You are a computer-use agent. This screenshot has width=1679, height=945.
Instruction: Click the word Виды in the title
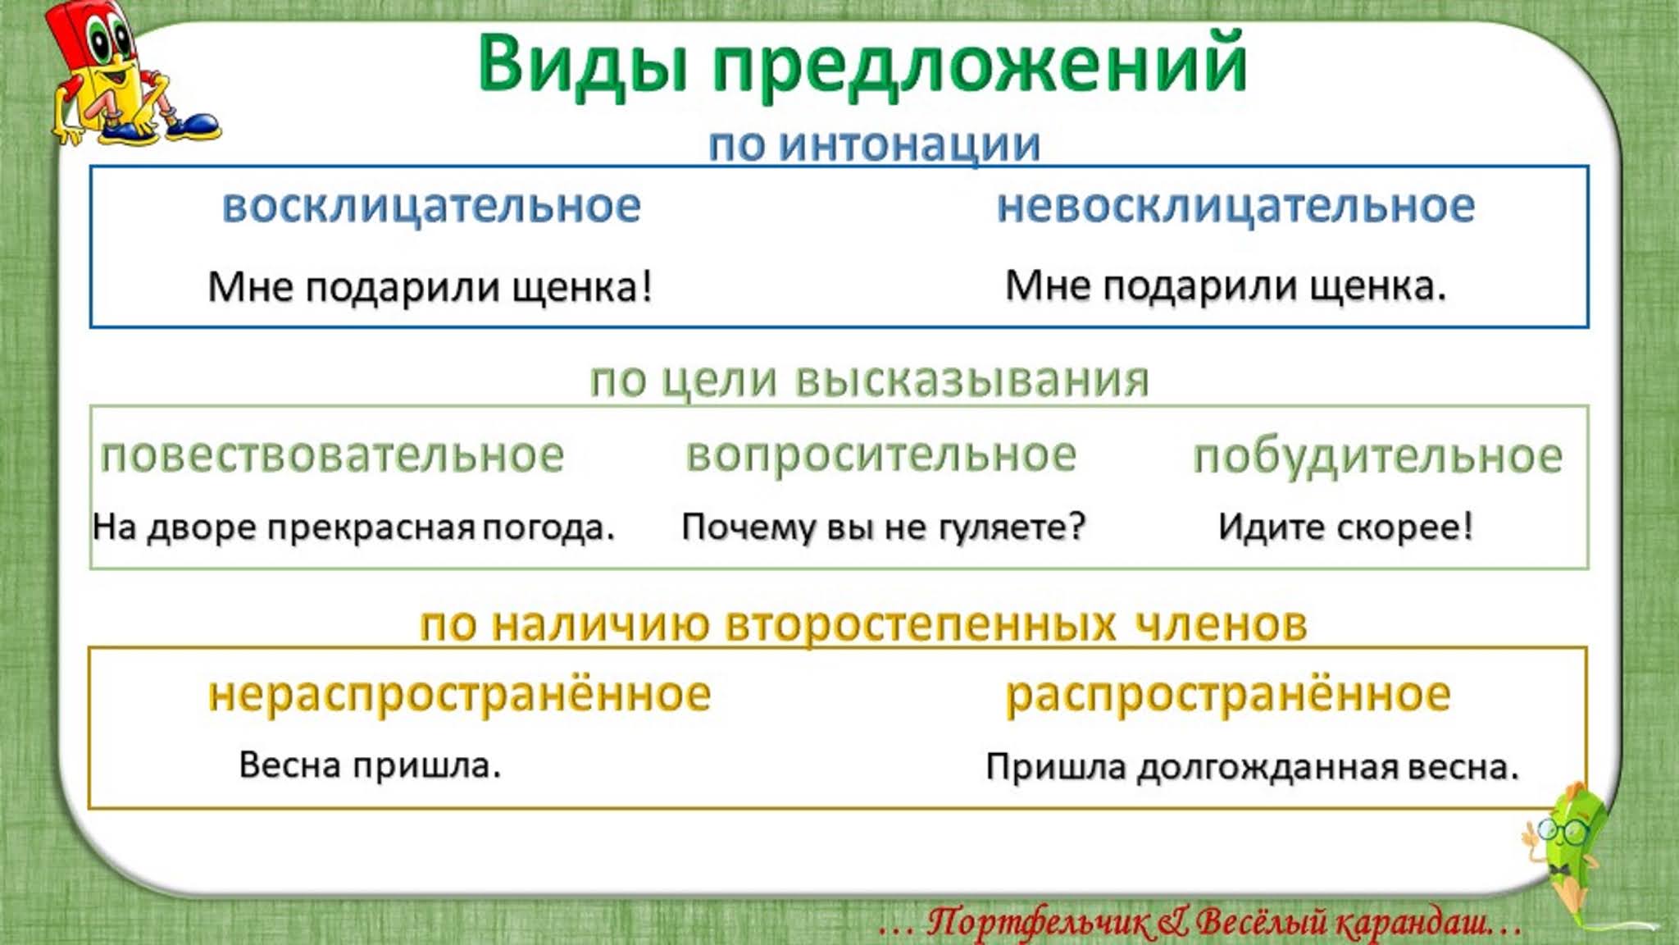point(582,64)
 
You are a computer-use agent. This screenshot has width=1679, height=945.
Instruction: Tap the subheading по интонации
point(874,144)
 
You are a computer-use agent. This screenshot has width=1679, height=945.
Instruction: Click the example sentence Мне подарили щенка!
point(430,287)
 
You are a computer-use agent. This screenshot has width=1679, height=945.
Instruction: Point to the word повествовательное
point(332,455)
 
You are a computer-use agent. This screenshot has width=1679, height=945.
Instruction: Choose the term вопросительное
point(880,455)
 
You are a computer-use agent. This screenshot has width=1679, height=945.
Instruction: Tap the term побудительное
point(1377,457)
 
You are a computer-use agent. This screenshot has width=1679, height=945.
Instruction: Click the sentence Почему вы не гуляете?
point(883,527)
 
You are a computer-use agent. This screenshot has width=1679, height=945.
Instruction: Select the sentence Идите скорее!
point(1345,527)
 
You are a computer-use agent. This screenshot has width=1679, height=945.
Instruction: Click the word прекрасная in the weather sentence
point(371,527)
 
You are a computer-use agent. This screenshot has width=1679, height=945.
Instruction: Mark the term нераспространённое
point(459,695)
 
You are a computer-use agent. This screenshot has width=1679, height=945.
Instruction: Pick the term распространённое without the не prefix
point(1227,695)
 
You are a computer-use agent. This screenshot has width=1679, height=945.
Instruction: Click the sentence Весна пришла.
point(370,765)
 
